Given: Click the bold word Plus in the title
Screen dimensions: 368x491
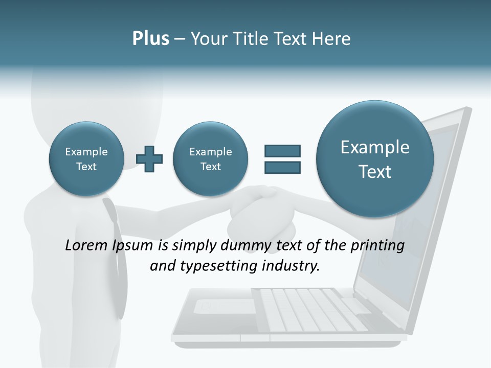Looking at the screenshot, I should click(150, 39).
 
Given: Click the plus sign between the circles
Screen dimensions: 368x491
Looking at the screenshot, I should click(149, 159).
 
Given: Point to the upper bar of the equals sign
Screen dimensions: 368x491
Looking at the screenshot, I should click(282, 151).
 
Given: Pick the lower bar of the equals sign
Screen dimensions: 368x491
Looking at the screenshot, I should click(282, 167).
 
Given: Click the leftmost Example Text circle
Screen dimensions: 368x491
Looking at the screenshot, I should click(86, 159).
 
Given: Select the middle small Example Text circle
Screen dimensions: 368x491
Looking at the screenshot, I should click(211, 159).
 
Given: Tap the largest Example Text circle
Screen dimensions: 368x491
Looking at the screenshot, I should click(375, 159).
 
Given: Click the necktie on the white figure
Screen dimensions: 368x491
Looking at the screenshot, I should click(117, 256).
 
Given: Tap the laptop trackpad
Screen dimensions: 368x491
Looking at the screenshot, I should click(225, 307).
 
